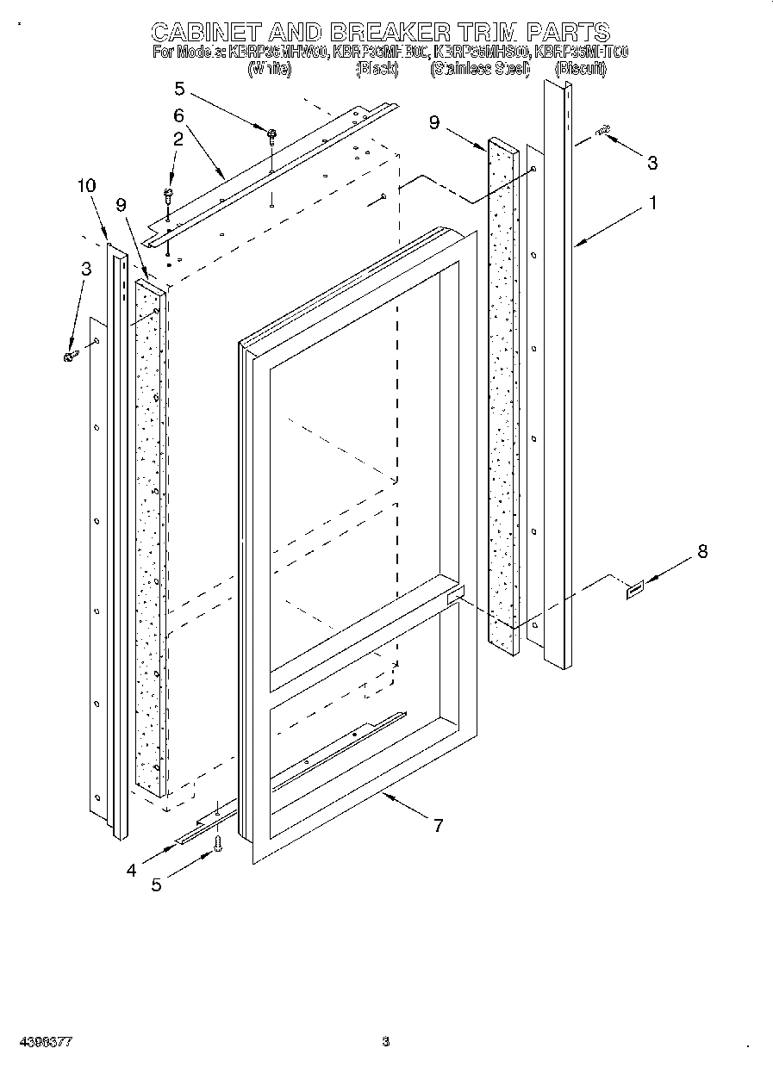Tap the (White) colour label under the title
269,69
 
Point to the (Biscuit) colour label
580,69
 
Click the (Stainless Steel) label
480,69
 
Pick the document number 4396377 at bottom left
41,1041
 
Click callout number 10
86,185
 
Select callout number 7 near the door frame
438,826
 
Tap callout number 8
702,552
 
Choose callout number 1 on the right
653,203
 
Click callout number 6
178,115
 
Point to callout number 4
131,870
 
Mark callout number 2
178,138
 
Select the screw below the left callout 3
70,355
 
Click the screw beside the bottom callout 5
217,846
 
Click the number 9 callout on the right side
434,123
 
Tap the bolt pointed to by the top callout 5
271,133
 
